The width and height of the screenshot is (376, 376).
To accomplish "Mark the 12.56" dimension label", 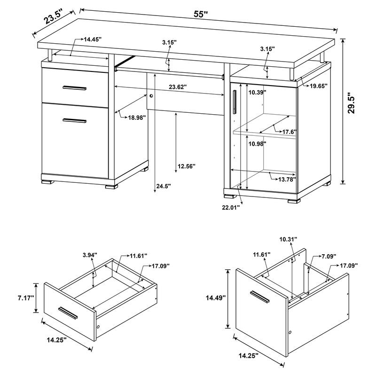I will [x=187, y=165].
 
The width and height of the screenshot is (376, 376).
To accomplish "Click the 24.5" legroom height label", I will [x=163, y=187].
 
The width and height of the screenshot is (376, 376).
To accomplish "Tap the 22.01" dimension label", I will [x=231, y=206].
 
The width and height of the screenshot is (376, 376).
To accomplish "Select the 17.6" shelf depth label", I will [x=289, y=132].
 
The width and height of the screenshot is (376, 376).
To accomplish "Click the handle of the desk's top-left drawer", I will [x=73, y=88].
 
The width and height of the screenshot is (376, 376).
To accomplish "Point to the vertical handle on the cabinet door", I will [x=234, y=101].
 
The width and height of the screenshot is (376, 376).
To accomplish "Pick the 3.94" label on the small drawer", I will [x=89, y=255].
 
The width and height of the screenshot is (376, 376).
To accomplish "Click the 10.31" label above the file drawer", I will [x=288, y=239].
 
